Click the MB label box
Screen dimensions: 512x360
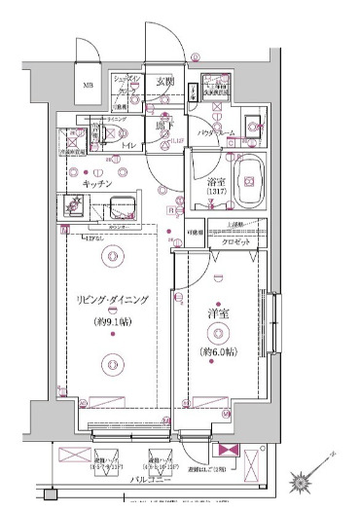tap(88, 86)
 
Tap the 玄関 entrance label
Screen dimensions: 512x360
tap(164, 83)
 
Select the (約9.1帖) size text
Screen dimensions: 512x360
tap(114, 321)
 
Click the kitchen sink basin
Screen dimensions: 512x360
tap(124, 205)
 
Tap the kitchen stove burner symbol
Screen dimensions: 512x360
tap(76, 205)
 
